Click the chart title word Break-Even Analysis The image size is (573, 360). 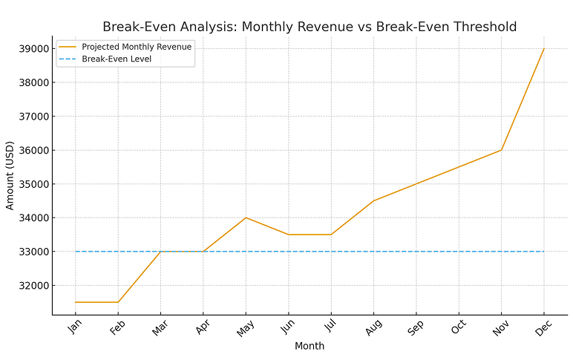(x=167, y=27)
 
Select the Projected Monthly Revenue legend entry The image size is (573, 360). (x=136, y=47)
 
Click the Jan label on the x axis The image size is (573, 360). (x=74, y=327)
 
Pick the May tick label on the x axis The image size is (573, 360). (x=244, y=328)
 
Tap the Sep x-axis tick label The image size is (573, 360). (x=415, y=327)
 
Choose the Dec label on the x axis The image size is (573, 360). (x=543, y=327)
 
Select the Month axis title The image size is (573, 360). (x=309, y=346)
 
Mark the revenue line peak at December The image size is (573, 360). (x=544, y=49)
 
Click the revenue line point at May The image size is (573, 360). (x=246, y=217)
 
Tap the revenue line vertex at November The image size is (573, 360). (x=502, y=150)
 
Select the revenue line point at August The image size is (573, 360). (x=373, y=200)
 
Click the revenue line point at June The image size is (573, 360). (x=288, y=235)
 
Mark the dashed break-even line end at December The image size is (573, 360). (x=544, y=252)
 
